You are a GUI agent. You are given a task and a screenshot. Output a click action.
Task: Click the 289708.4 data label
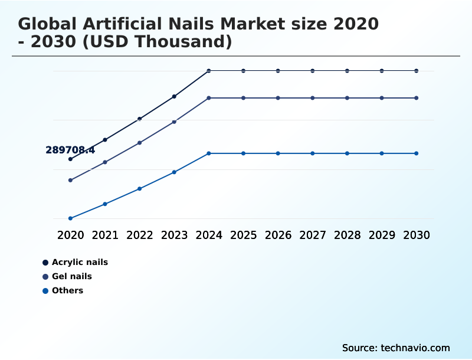(x=70, y=150)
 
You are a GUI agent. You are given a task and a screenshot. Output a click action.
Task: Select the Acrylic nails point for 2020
(x=70, y=159)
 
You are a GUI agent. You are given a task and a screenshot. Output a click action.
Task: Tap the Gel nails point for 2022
(x=140, y=143)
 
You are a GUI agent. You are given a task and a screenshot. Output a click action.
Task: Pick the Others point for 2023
(x=174, y=172)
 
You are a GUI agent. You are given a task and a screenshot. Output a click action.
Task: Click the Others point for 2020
(x=70, y=218)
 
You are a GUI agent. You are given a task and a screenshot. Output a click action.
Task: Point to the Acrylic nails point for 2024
(x=209, y=71)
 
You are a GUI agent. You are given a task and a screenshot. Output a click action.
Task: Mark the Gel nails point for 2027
(x=313, y=98)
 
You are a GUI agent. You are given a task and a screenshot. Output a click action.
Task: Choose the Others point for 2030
(x=417, y=153)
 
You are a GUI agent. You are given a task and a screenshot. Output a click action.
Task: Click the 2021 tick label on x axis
(x=105, y=235)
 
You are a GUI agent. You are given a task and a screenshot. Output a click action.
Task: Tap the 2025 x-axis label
(x=243, y=235)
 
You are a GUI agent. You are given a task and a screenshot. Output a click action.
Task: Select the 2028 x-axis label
(x=347, y=235)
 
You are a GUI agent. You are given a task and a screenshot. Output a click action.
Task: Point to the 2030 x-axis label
(x=417, y=235)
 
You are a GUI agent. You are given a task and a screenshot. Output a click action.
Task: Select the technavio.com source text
(x=415, y=348)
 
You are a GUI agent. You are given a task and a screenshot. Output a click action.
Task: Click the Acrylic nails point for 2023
(x=174, y=96)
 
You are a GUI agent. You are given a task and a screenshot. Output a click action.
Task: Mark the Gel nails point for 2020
(x=70, y=180)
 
